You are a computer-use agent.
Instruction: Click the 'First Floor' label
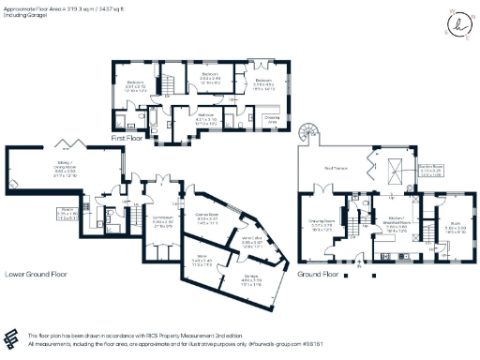131,138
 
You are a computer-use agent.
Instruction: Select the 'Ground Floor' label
318,275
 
